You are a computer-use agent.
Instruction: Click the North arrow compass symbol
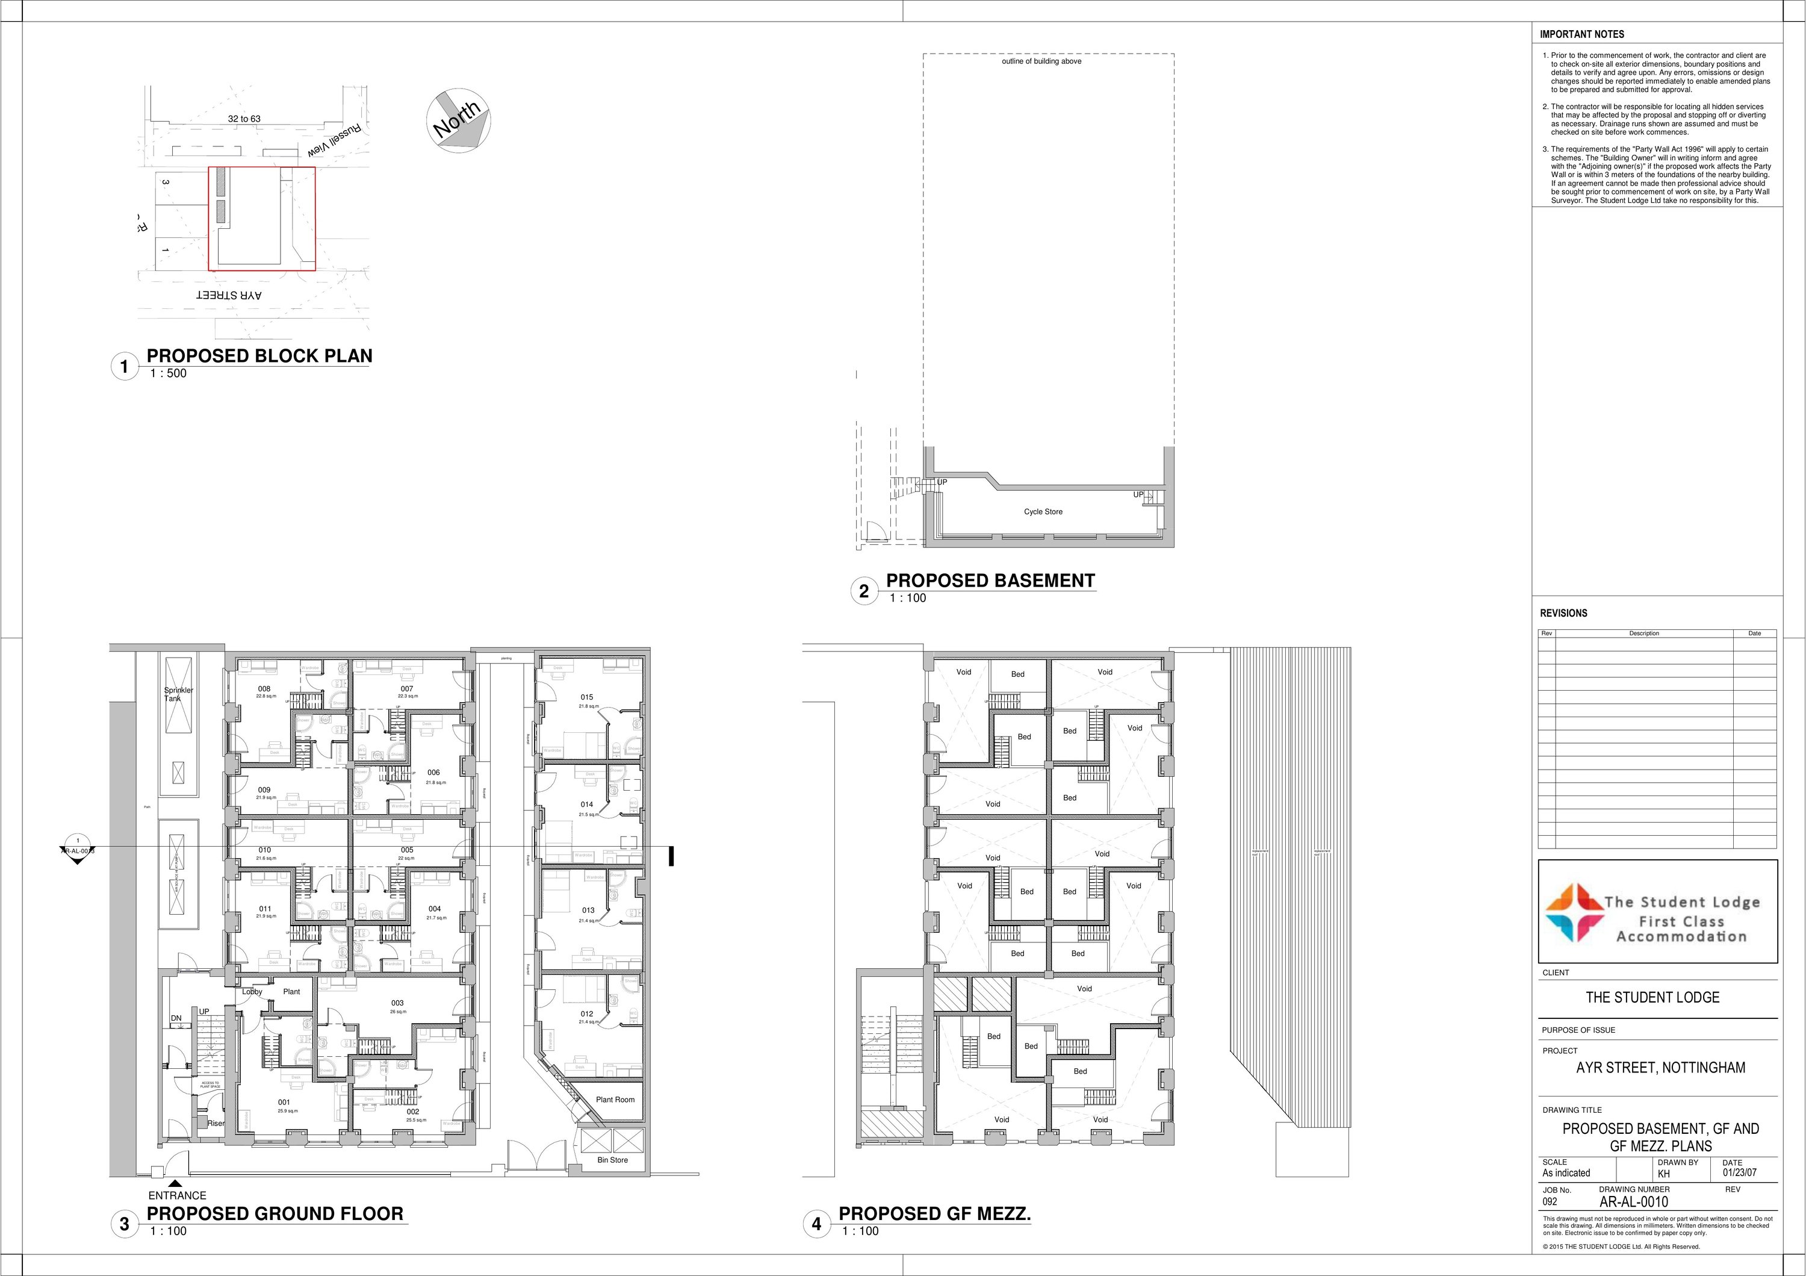tap(458, 119)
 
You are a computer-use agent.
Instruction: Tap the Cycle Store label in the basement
tap(1043, 512)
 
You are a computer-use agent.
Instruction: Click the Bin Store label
tap(613, 1160)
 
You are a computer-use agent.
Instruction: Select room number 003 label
tap(397, 1003)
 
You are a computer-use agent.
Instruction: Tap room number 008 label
tap(264, 689)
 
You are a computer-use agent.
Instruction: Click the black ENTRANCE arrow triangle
tap(175, 1183)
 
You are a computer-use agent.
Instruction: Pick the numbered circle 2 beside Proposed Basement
tap(864, 591)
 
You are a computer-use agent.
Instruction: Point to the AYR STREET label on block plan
tap(229, 296)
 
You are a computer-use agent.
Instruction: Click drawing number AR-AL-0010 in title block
tap(1633, 1202)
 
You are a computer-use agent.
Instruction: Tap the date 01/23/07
tap(1739, 1173)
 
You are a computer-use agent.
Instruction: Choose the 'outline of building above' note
tap(1041, 61)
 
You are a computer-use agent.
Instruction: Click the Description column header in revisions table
tap(1644, 633)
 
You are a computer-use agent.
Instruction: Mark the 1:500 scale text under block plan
tap(169, 374)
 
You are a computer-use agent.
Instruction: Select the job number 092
tap(1550, 1202)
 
